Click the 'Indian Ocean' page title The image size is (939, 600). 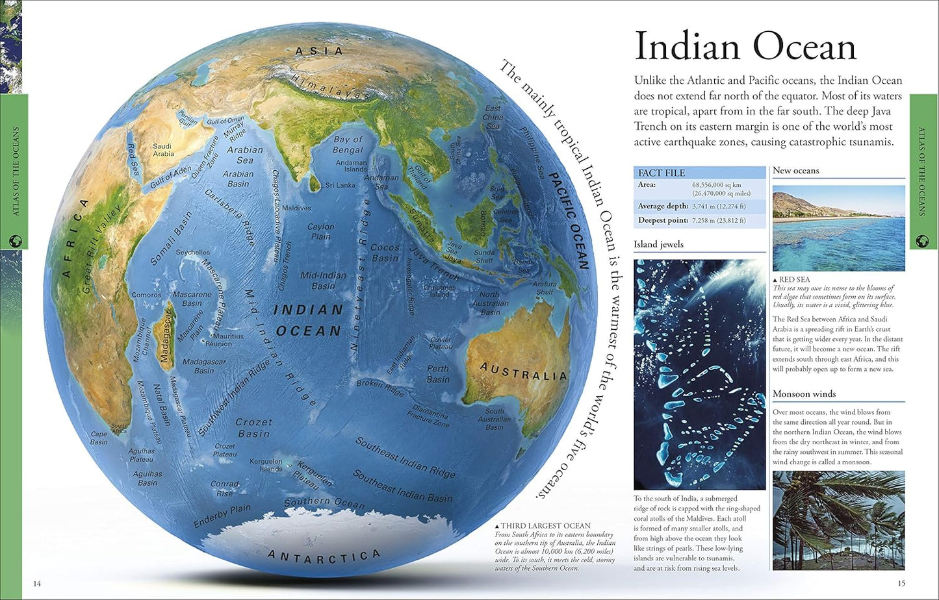click(745, 48)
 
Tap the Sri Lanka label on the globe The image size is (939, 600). click(341, 185)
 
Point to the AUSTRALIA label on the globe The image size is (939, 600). click(524, 372)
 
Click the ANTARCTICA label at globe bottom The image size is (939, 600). click(324, 556)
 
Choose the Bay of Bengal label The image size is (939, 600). click(348, 144)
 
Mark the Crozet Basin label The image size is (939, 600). click(253, 427)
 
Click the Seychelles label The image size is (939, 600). click(193, 252)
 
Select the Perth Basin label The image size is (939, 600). click(438, 374)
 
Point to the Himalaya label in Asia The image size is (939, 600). click(326, 86)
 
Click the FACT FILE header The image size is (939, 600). click(662, 173)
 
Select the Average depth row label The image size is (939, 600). click(663, 206)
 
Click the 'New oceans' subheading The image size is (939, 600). click(795, 171)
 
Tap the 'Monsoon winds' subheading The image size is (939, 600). click(804, 394)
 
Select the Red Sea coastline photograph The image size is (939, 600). click(838, 228)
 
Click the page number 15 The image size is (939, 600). click(901, 583)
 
